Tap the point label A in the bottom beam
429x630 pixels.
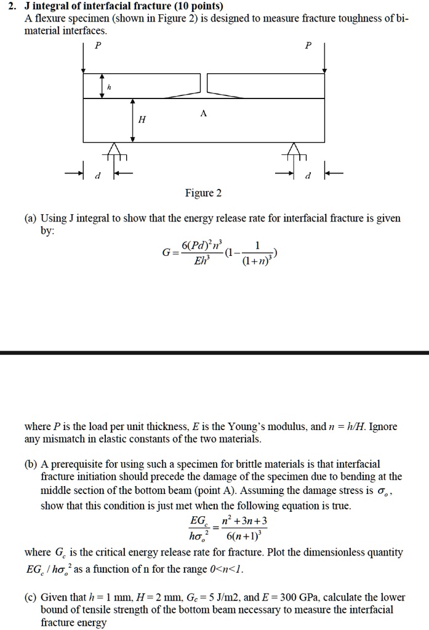coord(204,114)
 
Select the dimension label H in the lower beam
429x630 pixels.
coord(142,119)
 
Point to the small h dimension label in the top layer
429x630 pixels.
coord(109,88)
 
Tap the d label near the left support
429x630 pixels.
coord(96,177)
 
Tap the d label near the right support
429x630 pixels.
coord(308,177)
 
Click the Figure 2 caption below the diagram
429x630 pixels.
coord(203,193)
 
